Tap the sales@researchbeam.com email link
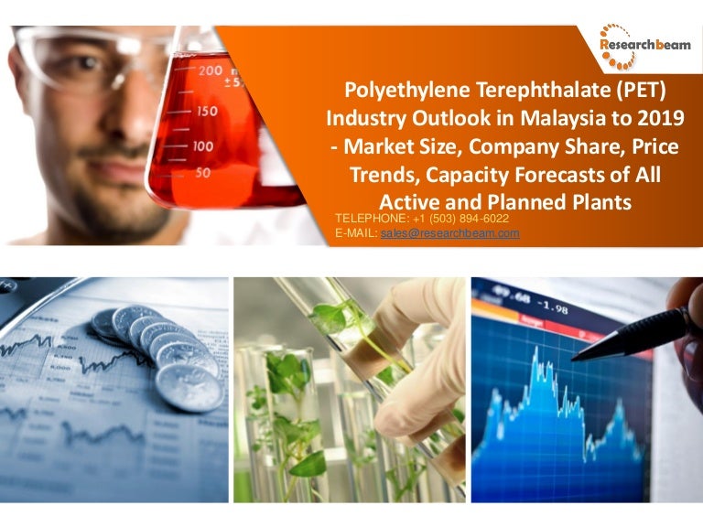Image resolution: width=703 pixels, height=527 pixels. [x=450, y=233]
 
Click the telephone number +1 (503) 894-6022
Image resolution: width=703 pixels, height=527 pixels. [x=461, y=219]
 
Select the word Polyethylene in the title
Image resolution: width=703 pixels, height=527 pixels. [x=407, y=91]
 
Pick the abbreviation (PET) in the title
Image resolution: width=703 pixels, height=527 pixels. [x=641, y=90]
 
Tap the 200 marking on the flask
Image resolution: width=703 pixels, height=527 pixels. [x=211, y=70]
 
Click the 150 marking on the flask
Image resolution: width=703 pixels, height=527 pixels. [x=207, y=111]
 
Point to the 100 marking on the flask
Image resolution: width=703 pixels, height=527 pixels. [x=202, y=146]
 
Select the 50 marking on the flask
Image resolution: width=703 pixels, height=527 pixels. [x=202, y=173]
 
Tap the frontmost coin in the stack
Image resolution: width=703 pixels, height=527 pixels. [x=189, y=387]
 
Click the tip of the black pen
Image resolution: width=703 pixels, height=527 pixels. [x=572, y=360]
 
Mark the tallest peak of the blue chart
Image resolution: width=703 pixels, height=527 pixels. [x=535, y=348]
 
